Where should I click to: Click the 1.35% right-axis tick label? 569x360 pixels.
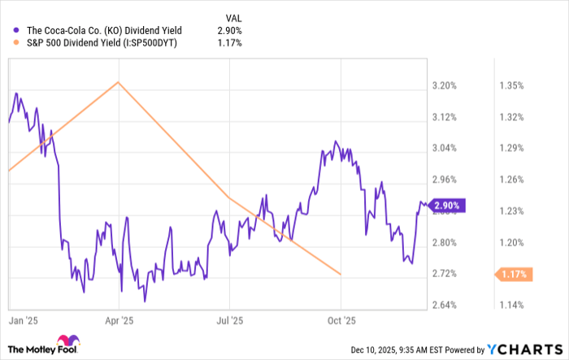(x=510, y=85)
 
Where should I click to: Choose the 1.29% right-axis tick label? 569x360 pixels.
(x=510, y=148)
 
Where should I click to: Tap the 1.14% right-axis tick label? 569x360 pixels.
(x=510, y=306)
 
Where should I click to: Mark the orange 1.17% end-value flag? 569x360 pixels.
(x=512, y=275)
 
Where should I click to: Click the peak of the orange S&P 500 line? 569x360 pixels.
(x=119, y=81)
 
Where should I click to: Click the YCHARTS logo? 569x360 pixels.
(x=521, y=349)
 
